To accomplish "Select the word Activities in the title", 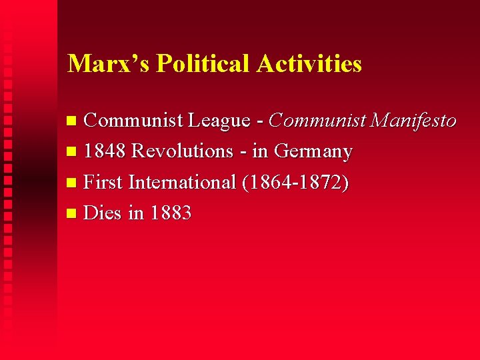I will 309,63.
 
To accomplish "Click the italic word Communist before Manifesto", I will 318,121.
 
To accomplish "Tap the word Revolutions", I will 182,151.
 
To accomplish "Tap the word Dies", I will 103,213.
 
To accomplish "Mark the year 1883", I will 171,213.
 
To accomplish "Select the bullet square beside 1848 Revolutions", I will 73,153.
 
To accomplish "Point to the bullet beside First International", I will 73,183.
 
